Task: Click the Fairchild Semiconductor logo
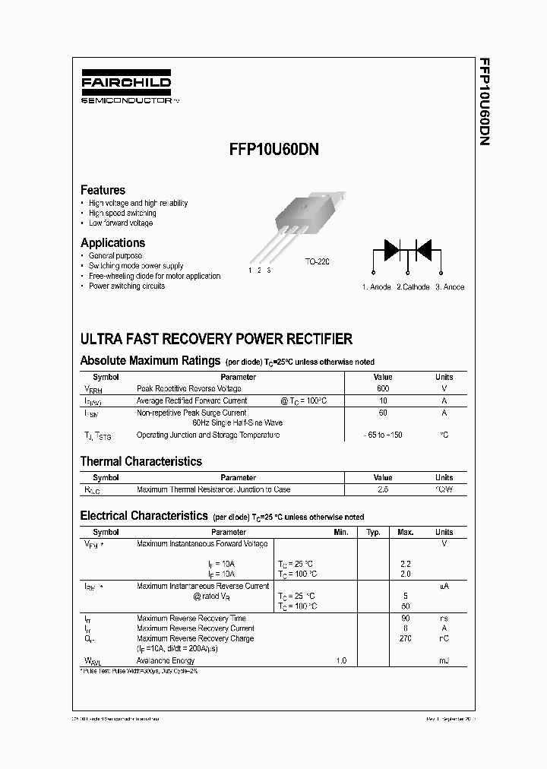point(126,87)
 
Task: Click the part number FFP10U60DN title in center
point(273,150)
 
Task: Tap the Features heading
point(103,190)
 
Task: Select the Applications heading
point(112,243)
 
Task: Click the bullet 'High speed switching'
point(122,214)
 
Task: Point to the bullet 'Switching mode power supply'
point(136,266)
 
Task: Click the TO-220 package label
point(318,261)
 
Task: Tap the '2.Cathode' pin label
point(413,287)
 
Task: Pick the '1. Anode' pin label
point(376,287)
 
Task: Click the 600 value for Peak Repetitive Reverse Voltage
point(383,388)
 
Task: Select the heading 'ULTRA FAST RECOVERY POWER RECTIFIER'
point(217,339)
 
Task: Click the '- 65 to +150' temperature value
point(383,435)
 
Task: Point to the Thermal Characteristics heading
point(141,461)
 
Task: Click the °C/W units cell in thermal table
point(444,490)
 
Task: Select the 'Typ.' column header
point(373,533)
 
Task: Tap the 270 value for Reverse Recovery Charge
point(405,639)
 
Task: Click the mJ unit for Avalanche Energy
point(444,661)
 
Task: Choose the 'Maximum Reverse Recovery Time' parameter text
point(191,619)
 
